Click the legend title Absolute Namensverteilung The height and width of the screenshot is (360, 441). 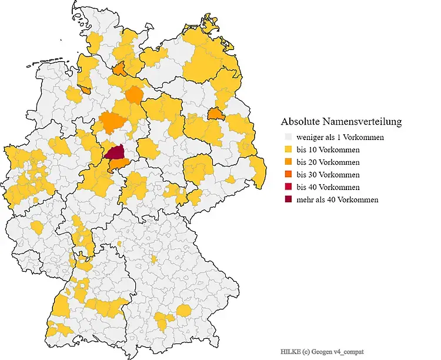(x=341, y=122)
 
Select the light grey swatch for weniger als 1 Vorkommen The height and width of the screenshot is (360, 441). (x=289, y=137)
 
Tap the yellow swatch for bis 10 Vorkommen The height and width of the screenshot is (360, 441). (x=289, y=150)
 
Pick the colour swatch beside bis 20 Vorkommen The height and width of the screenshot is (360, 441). (x=289, y=162)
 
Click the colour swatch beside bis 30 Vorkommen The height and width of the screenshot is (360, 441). (x=289, y=175)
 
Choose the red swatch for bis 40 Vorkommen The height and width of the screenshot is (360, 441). (x=289, y=187)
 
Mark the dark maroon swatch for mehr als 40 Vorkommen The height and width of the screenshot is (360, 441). (x=289, y=199)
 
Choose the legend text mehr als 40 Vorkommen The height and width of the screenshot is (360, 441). (x=338, y=199)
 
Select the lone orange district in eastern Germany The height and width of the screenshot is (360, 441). (x=216, y=114)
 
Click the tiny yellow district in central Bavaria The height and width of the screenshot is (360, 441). (x=153, y=259)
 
